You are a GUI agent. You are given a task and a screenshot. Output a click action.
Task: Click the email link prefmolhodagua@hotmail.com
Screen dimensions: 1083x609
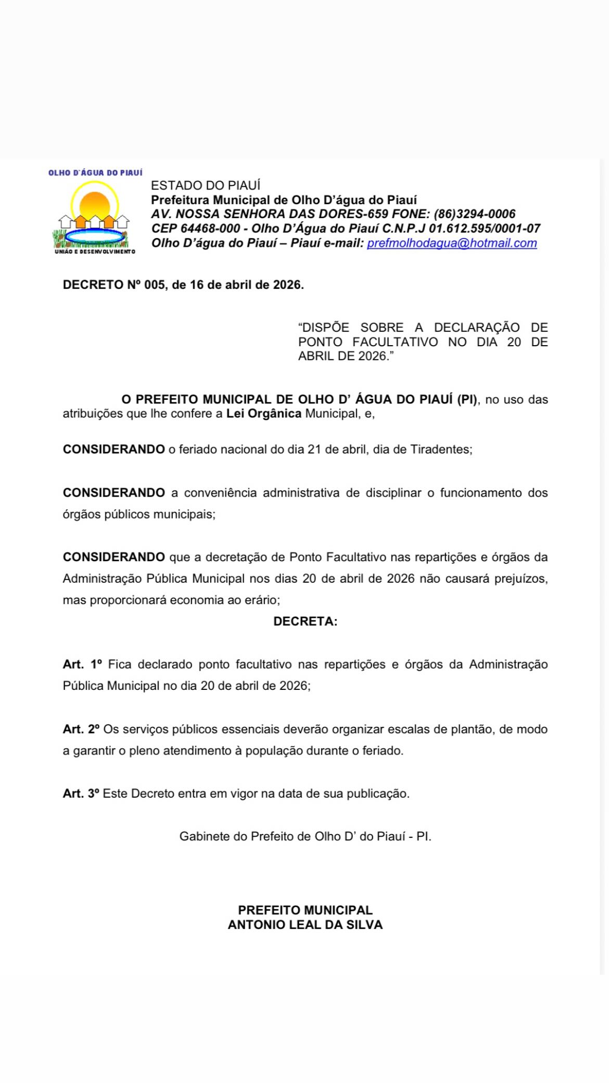(x=452, y=243)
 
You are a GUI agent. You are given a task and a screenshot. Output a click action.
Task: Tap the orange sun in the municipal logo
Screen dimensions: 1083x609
(x=95, y=205)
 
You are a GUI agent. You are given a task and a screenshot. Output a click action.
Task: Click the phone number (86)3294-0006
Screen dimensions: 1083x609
(x=474, y=214)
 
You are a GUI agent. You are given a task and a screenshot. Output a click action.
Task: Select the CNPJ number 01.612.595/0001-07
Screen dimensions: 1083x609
(x=484, y=229)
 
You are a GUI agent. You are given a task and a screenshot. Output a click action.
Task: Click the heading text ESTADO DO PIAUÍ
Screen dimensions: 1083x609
(x=206, y=185)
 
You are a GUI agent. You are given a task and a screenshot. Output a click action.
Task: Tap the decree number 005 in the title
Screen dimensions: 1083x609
(x=155, y=285)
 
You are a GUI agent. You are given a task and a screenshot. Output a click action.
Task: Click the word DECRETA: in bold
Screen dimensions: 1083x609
(x=305, y=621)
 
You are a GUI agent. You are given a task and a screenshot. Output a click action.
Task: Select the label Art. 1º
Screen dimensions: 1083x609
(x=82, y=664)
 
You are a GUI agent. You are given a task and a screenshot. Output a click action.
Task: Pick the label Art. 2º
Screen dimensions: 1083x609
(x=81, y=729)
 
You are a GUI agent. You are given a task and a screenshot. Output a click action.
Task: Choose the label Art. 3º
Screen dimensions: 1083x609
(x=81, y=794)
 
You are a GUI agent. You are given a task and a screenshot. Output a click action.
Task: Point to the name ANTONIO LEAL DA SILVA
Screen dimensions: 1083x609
(x=305, y=925)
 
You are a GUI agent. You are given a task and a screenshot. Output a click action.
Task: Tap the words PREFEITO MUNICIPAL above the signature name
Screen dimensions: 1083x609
(x=305, y=910)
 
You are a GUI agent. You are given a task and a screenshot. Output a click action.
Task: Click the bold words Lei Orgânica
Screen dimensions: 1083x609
(x=263, y=414)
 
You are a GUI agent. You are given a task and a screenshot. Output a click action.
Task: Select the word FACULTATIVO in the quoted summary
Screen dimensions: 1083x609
(x=395, y=342)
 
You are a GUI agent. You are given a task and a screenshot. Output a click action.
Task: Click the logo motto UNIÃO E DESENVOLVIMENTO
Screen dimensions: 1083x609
(x=95, y=251)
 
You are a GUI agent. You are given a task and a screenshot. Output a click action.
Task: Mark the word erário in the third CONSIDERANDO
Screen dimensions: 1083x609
(x=263, y=600)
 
